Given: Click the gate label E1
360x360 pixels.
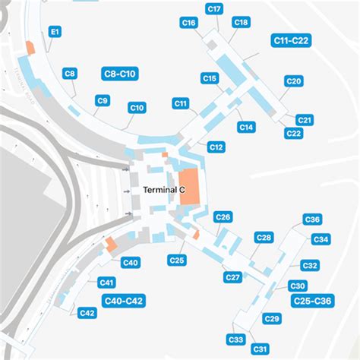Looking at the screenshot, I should click(55, 33).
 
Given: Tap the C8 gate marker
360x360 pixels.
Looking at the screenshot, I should click(69, 74).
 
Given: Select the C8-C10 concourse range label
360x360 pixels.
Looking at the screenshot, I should click(118, 74).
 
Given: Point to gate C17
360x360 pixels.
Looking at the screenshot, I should click(214, 9).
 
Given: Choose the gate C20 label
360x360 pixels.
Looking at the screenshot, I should click(294, 81).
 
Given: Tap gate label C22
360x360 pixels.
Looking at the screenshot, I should click(293, 134).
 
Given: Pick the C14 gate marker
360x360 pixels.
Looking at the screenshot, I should click(246, 128).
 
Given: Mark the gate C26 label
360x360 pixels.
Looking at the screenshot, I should click(223, 217).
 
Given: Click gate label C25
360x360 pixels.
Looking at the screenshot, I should click(177, 261).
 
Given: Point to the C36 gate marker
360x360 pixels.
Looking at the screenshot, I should click(312, 219).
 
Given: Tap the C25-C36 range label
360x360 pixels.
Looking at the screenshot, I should click(313, 301).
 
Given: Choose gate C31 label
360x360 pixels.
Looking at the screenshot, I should click(261, 349).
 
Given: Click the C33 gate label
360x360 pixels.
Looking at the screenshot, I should click(235, 339).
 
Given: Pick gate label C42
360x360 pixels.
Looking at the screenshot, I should click(87, 313).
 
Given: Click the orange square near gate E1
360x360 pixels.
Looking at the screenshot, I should click(30, 47).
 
